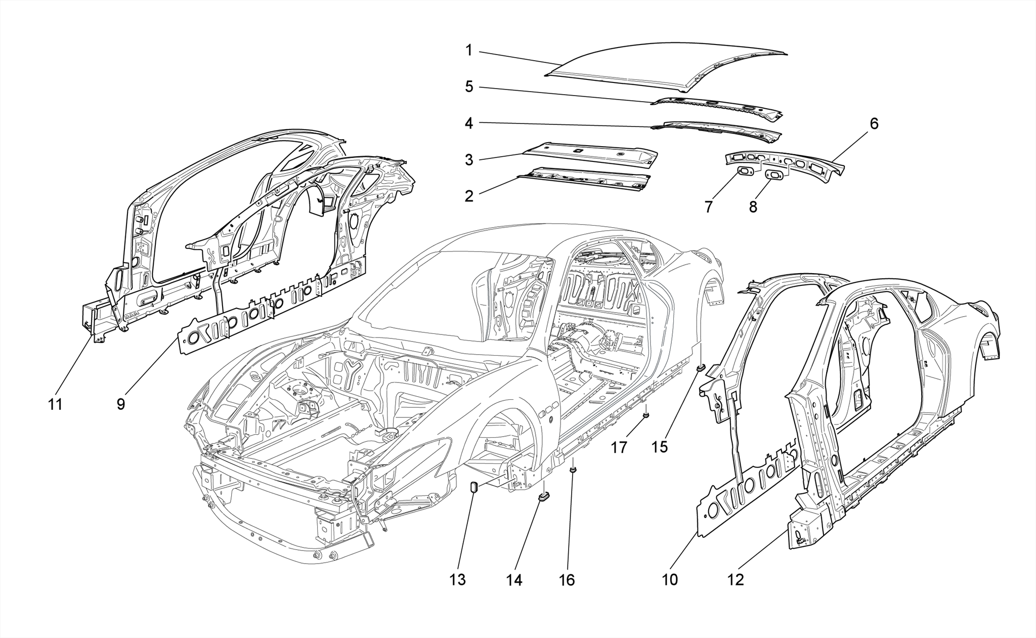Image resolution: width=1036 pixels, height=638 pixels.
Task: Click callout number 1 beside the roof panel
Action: (x=469, y=51)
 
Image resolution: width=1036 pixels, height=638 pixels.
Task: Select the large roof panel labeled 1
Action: (x=658, y=66)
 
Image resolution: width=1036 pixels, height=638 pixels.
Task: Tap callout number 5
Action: (x=469, y=87)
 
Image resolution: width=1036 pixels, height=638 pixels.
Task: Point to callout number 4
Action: (x=469, y=123)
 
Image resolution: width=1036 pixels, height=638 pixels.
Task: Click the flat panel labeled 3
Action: (x=592, y=154)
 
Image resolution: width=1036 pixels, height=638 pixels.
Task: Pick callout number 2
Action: (x=469, y=196)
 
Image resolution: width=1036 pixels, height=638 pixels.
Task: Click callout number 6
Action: (x=874, y=123)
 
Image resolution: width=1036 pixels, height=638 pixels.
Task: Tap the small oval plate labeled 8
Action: (x=775, y=175)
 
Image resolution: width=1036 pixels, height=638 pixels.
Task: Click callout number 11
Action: (x=55, y=404)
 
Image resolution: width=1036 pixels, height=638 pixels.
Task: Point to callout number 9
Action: (x=120, y=404)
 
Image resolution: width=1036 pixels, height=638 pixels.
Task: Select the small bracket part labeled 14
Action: (x=545, y=497)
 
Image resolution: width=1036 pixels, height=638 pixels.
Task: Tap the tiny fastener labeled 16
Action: (x=573, y=471)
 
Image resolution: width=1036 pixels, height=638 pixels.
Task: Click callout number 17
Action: (x=619, y=447)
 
